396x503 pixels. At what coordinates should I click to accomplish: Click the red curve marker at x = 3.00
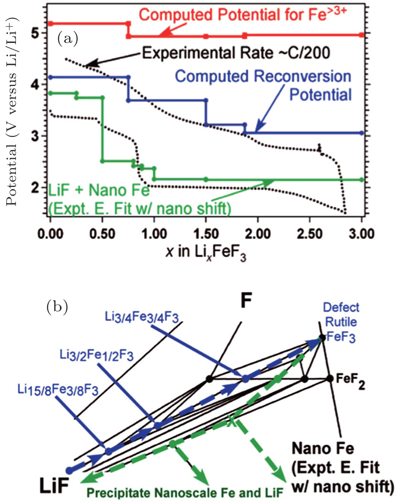click(361, 35)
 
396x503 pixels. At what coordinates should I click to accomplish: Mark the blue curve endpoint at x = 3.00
click(361, 133)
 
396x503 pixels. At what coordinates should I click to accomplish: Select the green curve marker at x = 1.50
click(206, 179)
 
